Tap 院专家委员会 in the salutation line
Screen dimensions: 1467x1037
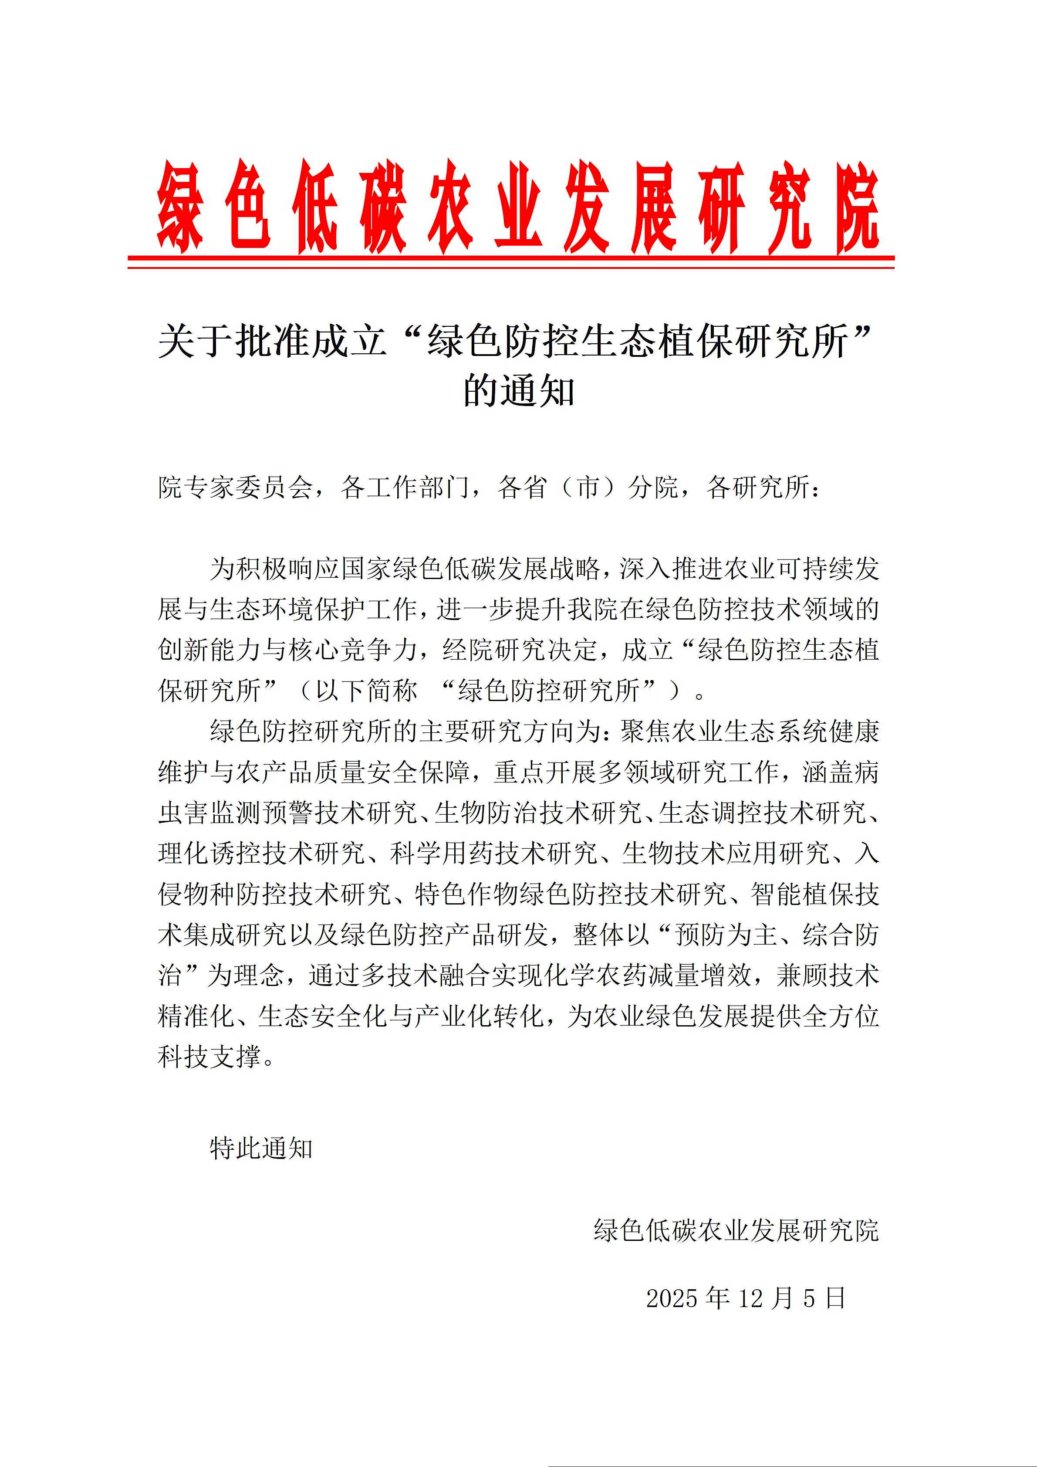pos(235,488)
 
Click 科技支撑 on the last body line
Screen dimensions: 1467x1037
pos(209,1057)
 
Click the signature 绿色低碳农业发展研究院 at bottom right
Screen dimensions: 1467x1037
pos(736,1230)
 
